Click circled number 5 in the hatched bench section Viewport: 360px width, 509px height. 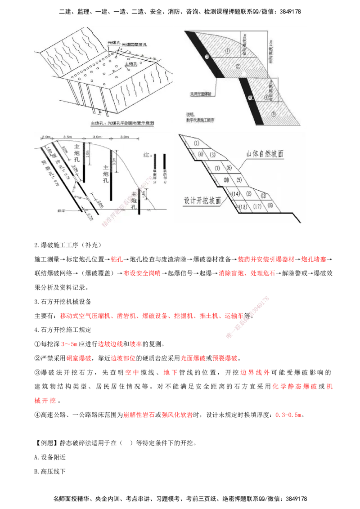(273, 114)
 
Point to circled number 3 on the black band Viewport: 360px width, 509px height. (207, 56)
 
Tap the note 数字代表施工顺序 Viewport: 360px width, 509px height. (202, 120)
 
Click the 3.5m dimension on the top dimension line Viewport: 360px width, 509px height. (68, 136)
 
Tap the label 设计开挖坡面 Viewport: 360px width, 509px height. (202, 201)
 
